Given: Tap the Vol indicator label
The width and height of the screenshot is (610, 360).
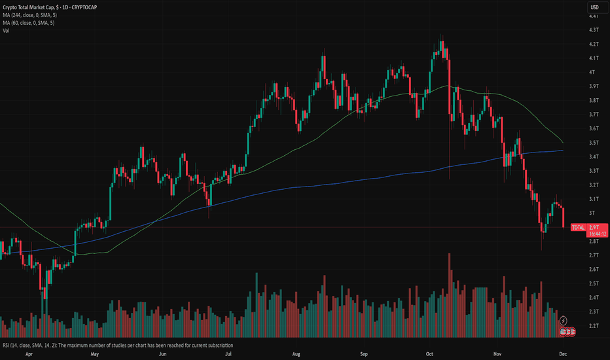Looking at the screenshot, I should click(7, 30).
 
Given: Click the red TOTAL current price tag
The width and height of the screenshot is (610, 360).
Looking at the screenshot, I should click(579, 227).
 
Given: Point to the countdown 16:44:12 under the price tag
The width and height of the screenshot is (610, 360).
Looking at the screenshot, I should click(580, 233).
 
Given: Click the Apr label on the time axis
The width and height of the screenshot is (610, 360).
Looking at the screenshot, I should click(29, 353).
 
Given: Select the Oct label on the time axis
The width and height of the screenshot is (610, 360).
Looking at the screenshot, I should click(430, 353).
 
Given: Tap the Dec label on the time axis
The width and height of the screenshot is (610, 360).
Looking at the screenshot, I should click(564, 353).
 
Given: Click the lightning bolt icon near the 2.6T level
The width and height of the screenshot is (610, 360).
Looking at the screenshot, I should click(563, 265).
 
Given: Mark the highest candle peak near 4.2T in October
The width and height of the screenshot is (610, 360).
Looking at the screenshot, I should click(442, 37).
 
